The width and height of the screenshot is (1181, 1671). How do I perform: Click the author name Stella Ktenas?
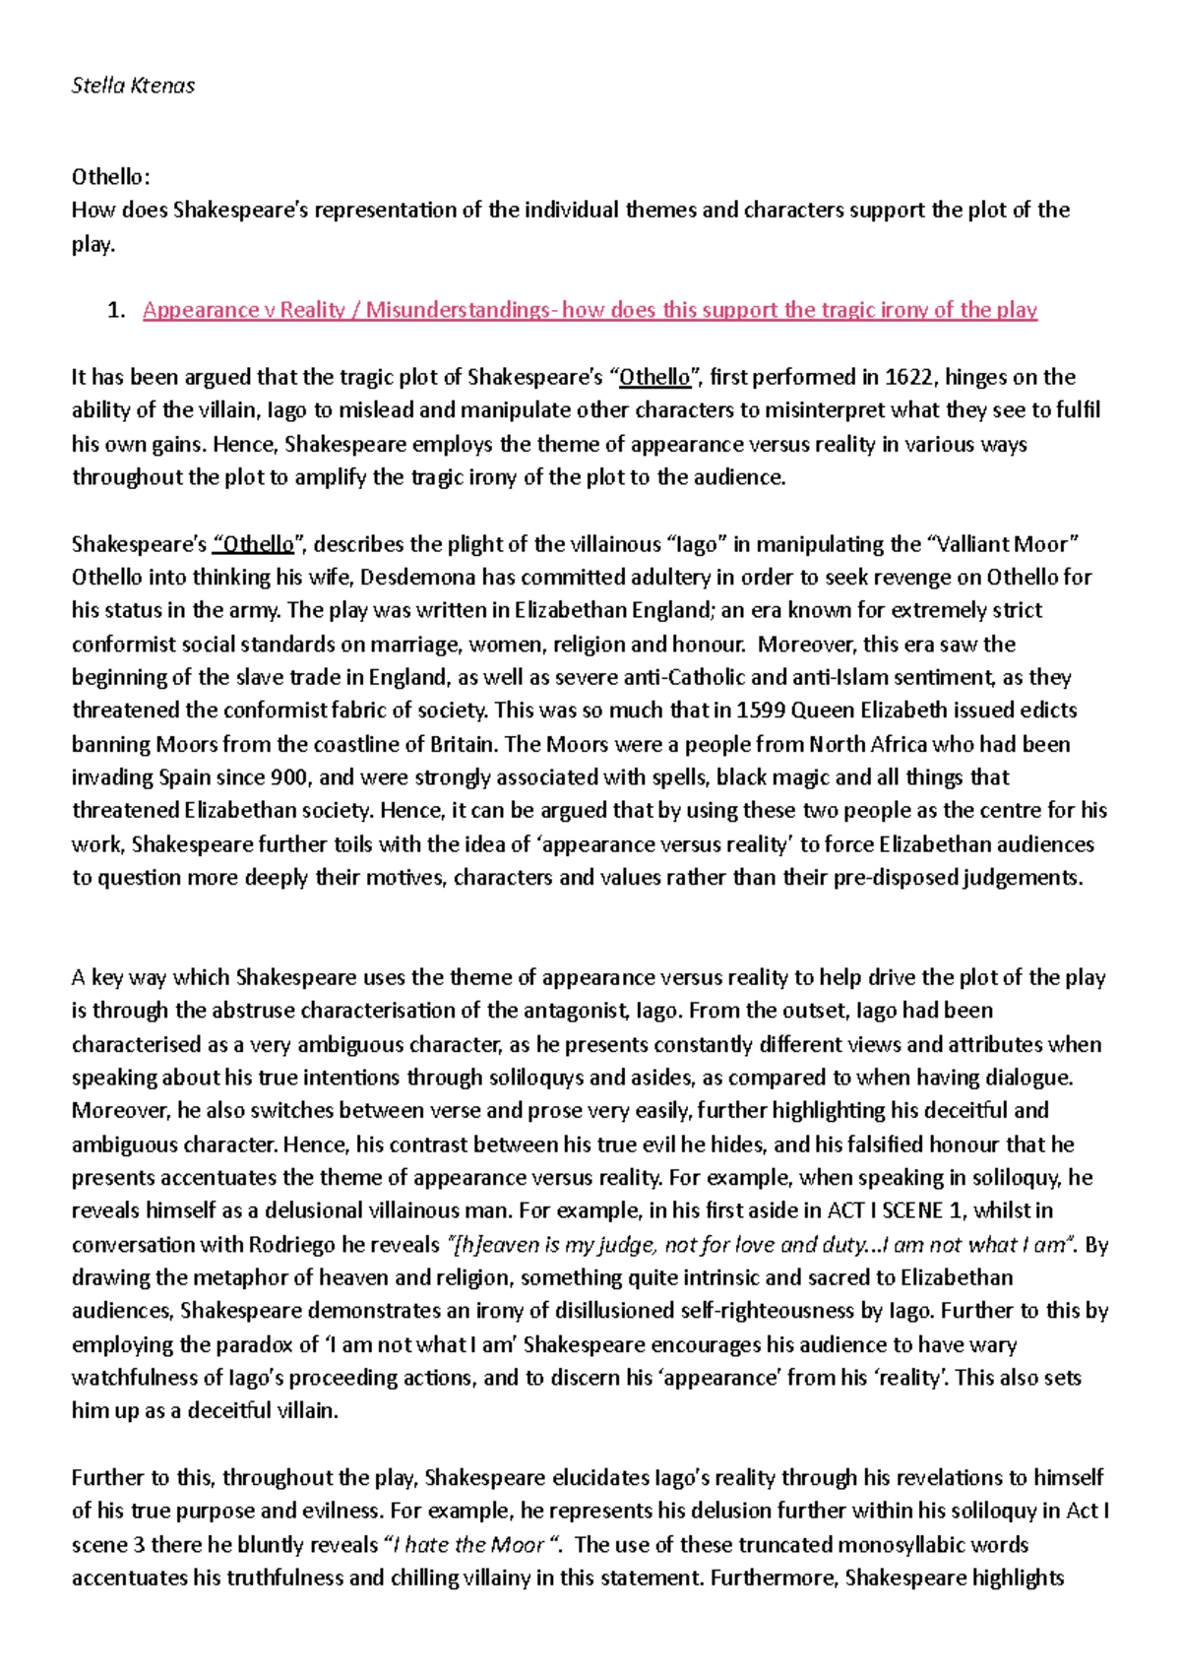[x=133, y=86]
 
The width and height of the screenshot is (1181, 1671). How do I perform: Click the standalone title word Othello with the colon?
[x=111, y=177]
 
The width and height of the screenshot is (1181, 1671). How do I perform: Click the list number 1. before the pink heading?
[x=116, y=311]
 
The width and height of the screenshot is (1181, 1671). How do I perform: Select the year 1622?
[x=911, y=377]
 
